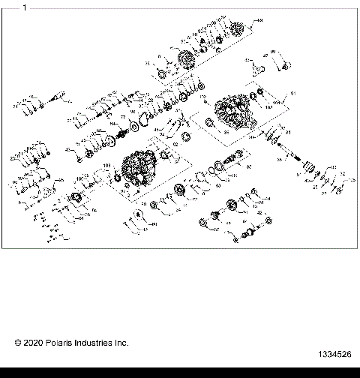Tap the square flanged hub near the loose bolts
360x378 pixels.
point(78,199)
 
